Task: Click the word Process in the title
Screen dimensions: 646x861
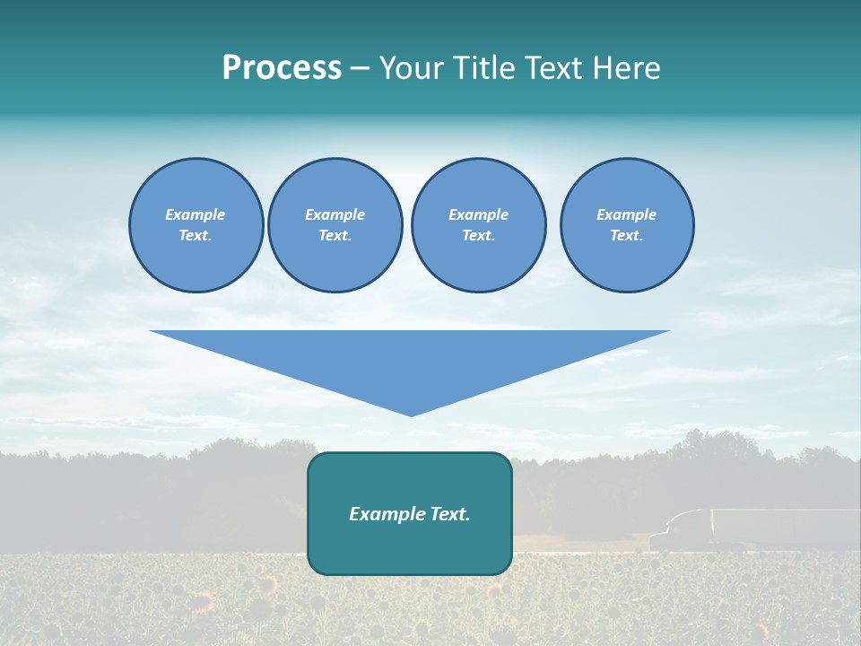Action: click(282, 68)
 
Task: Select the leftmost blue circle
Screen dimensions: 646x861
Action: click(196, 225)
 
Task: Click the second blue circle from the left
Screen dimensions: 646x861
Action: click(335, 225)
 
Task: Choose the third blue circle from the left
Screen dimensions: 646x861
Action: click(479, 225)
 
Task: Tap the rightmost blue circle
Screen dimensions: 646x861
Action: click(627, 225)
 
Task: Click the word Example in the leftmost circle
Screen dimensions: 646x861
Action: click(196, 214)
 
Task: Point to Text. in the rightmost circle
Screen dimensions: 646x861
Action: click(627, 236)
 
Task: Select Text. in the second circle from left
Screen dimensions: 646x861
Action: click(335, 236)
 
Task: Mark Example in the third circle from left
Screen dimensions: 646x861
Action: click(479, 214)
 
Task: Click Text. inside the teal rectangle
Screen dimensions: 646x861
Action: click(449, 514)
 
